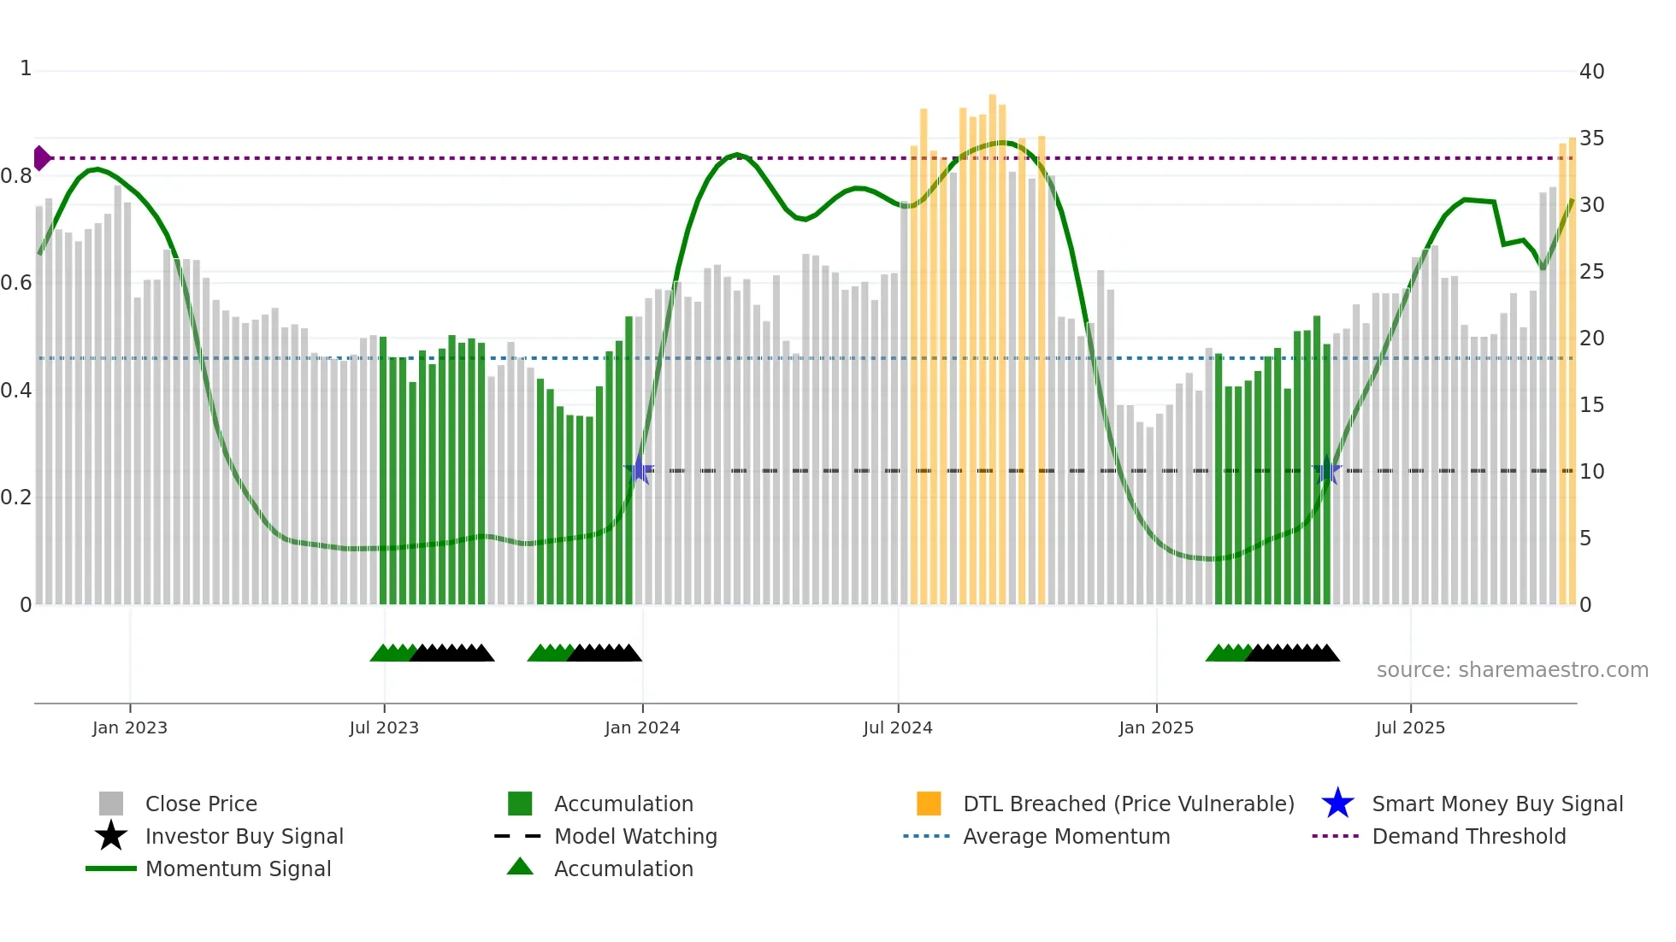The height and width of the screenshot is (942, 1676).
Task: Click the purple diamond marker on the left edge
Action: pyautogui.click(x=41, y=158)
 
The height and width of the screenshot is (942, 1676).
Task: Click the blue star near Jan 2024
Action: pyautogui.click(x=639, y=470)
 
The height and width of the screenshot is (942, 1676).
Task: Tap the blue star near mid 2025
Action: pyautogui.click(x=1327, y=470)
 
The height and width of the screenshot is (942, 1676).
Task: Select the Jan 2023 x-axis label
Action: pyautogui.click(x=130, y=727)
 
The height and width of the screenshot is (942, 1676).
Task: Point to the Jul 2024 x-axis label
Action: pyautogui.click(x=898, y=727)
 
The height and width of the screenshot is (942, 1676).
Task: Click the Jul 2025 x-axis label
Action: pyautogui.click(x=1410, y=727)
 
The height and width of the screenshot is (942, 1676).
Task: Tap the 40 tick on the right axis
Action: pyautogui.click(x=1591, y=72)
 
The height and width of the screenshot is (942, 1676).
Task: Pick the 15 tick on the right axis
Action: pyautogui.click(x=1591, y=405)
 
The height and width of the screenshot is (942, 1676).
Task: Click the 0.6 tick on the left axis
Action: pyautogui.click(x=15, y=283)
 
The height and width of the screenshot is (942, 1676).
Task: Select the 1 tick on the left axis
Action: pyautogui.click(x=26, y=68)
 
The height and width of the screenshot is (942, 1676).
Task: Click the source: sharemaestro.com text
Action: pyautogui.click(x=1512, y=670)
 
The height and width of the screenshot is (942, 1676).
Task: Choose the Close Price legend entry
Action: pyautogui.click(x=201, y=804)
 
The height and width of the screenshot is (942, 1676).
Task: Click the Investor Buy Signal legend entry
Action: pyautogui.click(x=244, y=837)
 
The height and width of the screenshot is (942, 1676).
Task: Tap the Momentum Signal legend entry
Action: pyautogui.click(x=238, y=869)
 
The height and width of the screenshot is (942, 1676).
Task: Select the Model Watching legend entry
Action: pyautogui.click(x=635, y=837)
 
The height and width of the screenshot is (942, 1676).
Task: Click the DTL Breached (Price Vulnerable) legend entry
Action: pyautogui.click(x=1128, y=804)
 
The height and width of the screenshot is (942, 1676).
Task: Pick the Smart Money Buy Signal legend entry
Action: pyautogui.click(x=1496, y=804)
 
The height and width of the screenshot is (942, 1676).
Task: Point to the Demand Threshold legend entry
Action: pyautogui.click(x=1468, y=837)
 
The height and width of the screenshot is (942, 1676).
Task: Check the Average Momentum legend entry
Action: pyautogui.click(x=1065, y=837)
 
